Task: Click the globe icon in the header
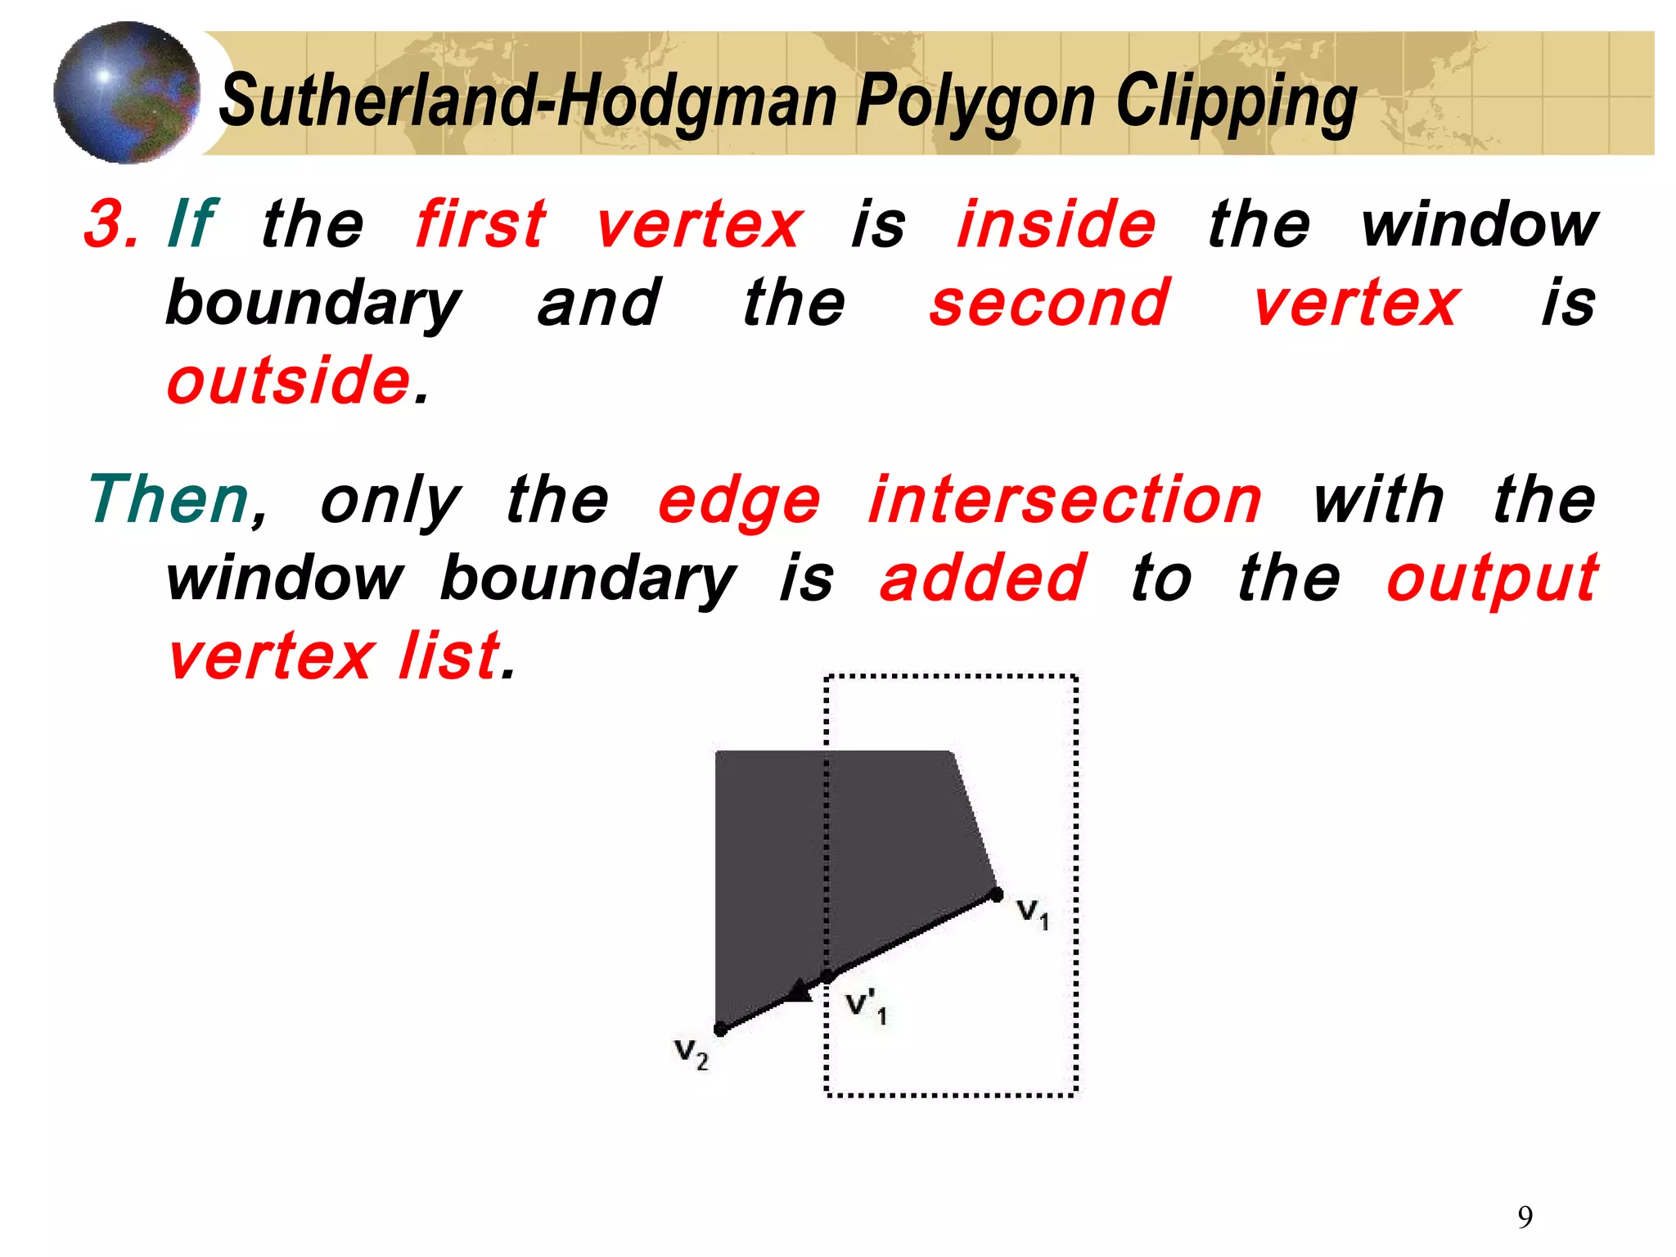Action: (x=126, y=92)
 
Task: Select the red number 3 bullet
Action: (x=111, y=224)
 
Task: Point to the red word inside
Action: (x=1056, y=224)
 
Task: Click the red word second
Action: (x=1050, y=303)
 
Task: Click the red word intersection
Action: (x=1065, y=499)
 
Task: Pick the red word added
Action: (x=983, y=578)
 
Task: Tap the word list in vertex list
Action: (x=449, y=656)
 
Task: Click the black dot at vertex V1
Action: (x=996, y=894)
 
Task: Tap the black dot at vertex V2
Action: (x=720, y=1029)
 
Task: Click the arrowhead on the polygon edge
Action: (x=799, y=991)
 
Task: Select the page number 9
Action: (x=1525, y=1217)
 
